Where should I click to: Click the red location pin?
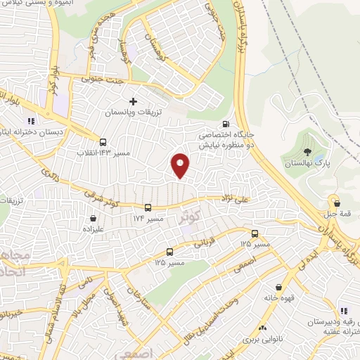click(x=181, y=165)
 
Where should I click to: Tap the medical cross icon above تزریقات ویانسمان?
click(x=133, y=101)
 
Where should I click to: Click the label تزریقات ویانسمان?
click(x=133, y=112)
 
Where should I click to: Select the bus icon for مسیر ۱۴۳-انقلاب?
click(x=103, y=141)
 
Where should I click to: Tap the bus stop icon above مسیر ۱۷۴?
click(x=148, y=208)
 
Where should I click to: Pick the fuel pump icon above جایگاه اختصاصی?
click(x=225, y=122)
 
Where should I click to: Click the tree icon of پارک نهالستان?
click(x=306, y=151)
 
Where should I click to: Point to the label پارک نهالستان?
click(x=306, y=162)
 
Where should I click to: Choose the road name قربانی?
click(x=202, y=243)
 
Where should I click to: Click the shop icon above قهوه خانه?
click(x=281, y=287)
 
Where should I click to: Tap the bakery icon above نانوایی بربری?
click(x=262, y=328)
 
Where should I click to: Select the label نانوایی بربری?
click(x=261, y=339)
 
